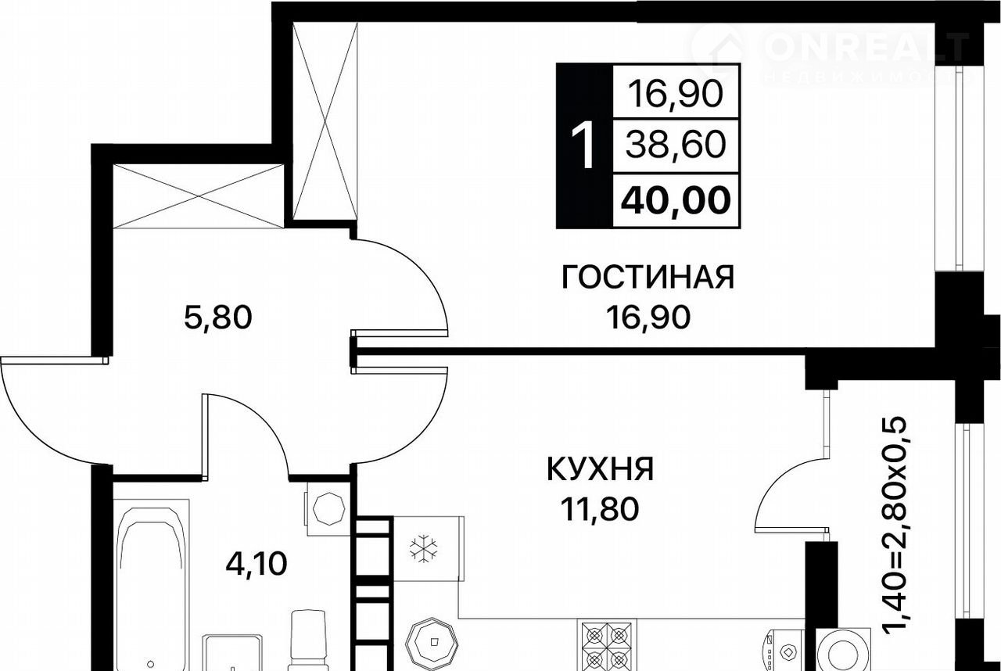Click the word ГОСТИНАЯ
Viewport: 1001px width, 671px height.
point(648,278)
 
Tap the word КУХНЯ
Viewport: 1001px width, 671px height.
point(600,469)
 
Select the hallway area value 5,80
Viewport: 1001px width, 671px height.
point(218,318)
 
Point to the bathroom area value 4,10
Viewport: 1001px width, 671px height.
point(256,564)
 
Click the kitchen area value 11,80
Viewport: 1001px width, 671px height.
point(600,510)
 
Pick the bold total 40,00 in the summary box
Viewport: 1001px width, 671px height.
point(676,200)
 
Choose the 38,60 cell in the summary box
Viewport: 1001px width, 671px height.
point(675,146)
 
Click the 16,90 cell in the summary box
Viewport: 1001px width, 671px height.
point(675,95)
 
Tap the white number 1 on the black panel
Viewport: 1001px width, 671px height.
point(583,146)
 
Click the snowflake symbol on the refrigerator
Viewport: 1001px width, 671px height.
point(423,548)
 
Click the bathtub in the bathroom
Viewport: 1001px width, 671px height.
point(151,585)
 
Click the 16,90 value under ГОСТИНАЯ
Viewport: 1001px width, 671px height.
point(648,318)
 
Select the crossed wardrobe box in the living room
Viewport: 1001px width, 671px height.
point(325,121)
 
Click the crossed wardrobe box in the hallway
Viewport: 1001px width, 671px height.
point(199,196)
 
